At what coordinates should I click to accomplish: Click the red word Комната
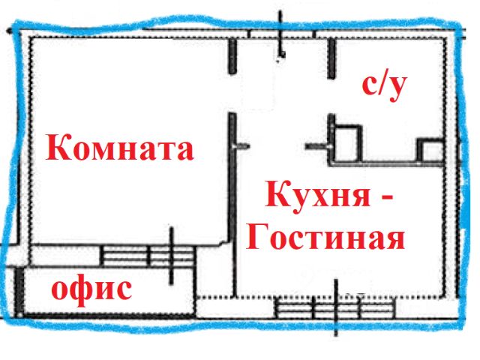click(x=120, y=148)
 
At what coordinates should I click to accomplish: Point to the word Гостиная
click(x=325, y=238)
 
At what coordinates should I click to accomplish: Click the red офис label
click(x=91, y=287)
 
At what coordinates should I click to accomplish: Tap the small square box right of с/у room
click(x=430, y=151)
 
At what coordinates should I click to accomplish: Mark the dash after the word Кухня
click(x=385, y=198)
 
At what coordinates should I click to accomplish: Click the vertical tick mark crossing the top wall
click(x=281, y=34)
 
